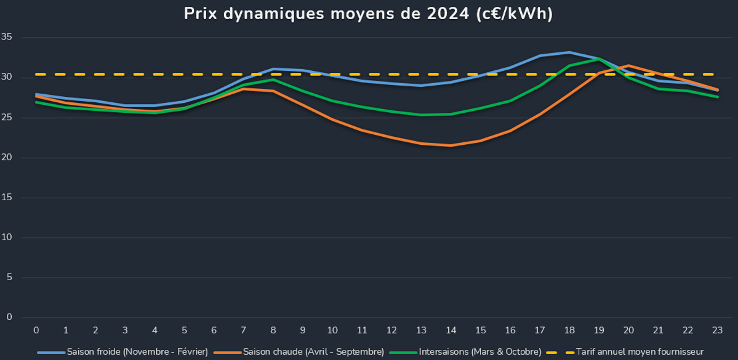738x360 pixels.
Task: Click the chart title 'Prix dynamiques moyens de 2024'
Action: [x=368, y=14]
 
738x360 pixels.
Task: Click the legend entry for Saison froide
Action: [x=137, y=352]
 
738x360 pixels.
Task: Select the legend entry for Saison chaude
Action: [x=313, y=352]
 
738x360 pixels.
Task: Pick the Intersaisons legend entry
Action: [x=480, y=352]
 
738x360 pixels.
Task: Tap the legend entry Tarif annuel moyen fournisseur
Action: [x=639, y=352]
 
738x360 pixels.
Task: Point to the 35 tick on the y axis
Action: [x=7, y=37]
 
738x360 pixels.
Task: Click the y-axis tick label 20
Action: [x=7, y=158]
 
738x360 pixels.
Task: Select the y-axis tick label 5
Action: [x=9, y=277]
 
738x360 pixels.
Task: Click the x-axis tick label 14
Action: [x=451, y=330]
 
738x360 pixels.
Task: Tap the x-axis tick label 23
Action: [x=717, y=330]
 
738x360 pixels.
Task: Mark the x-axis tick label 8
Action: [x=273, y=330]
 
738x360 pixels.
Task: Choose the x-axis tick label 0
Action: [x=36, y=330]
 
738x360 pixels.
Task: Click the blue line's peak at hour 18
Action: [x=569, y=52]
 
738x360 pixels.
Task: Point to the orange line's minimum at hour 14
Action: [x=451, y=145]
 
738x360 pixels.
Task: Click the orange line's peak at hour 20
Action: [x=628, y=66]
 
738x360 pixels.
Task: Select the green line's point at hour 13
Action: [x=421, y=115]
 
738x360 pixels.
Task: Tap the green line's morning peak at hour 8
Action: [x=273, y=79]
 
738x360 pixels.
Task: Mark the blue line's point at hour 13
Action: [x=421, y=85]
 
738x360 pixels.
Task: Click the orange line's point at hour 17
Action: [x=540, y=114]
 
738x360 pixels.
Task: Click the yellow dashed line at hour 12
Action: [x=391, y=75]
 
